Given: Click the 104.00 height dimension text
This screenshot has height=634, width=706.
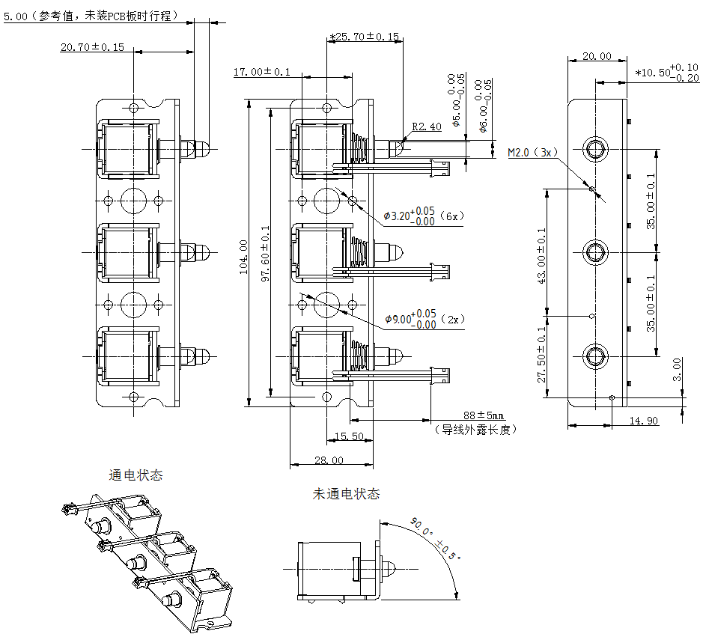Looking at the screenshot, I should [x=243, y=257].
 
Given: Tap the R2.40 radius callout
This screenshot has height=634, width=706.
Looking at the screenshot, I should [x=427, y=127].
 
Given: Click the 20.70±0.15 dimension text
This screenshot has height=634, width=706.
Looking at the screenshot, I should [x=92, y=47].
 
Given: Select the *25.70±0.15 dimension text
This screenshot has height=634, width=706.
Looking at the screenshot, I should [x=365, y=36].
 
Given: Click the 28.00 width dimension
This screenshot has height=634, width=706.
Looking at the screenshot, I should [x=329, y=460].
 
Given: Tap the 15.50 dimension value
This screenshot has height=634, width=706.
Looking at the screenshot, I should [x=348, y=436].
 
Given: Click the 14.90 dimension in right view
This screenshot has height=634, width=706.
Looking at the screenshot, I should [x=642, y=421].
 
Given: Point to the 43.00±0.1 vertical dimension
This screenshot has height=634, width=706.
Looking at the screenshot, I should [x=541, y=257].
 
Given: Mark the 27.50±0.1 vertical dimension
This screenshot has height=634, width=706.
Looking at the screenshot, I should [x=541, y=355].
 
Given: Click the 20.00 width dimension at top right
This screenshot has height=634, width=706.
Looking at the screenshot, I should [x=597, y=56].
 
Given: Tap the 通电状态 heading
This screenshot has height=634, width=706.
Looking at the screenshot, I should [x=136, y=475].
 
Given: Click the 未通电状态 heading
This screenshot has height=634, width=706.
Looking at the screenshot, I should [x=346, y=494].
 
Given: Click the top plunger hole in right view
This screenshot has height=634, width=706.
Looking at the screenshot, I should [x=596, y=149].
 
